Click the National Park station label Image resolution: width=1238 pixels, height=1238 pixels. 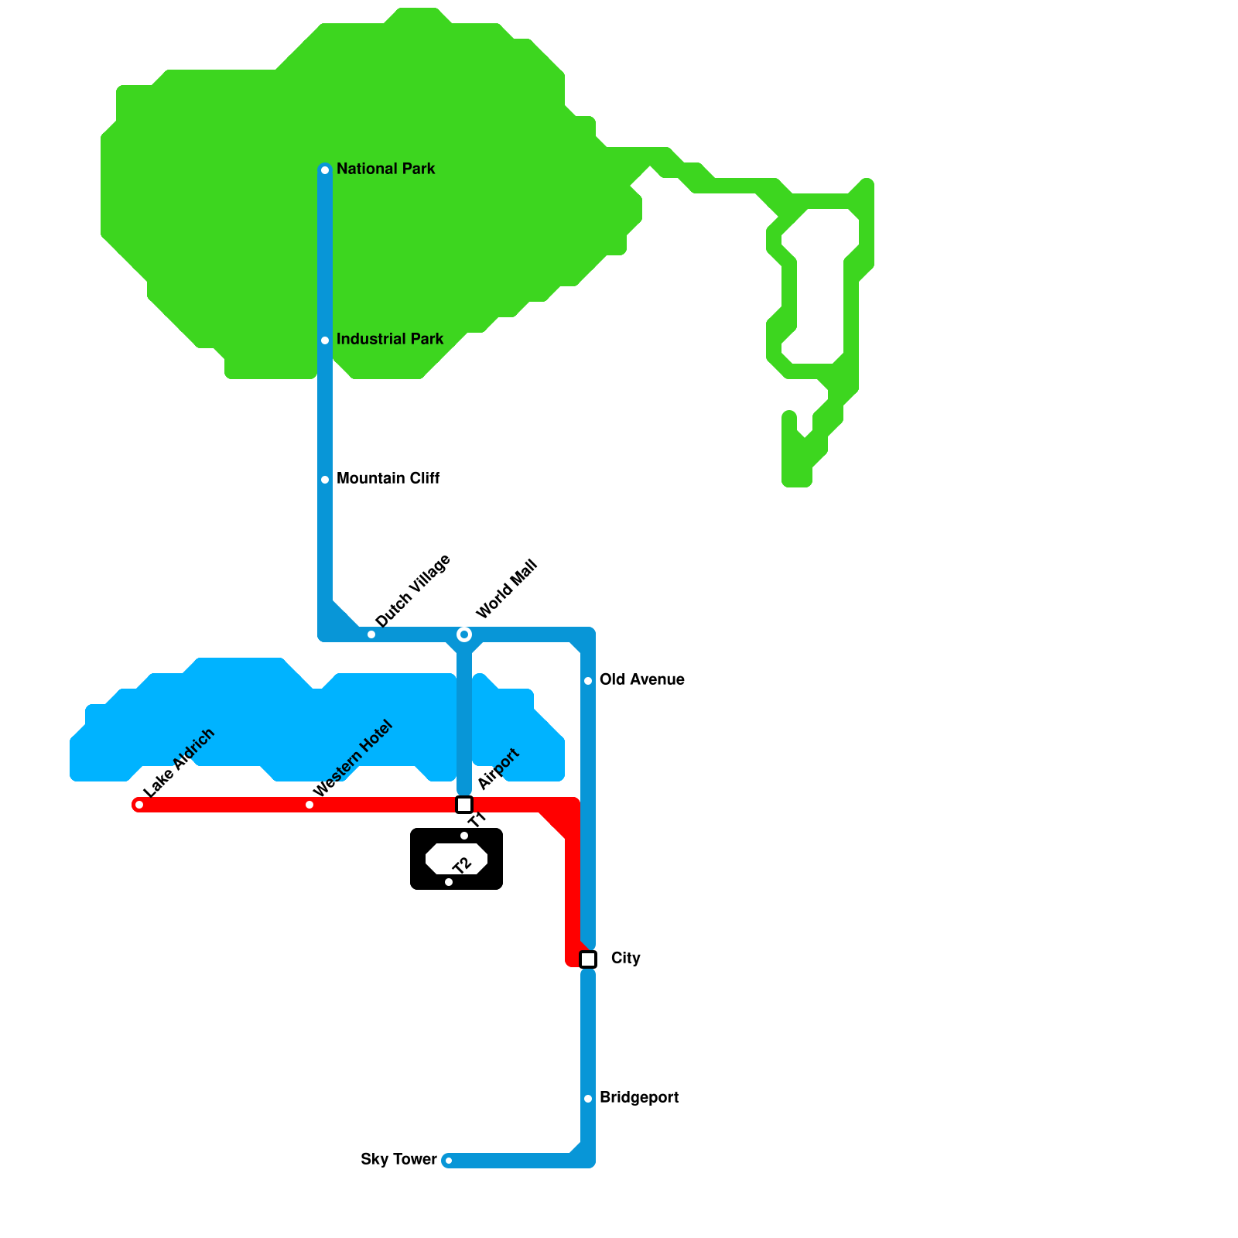click(385, 169)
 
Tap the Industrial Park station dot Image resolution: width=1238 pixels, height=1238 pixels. click(325, 340)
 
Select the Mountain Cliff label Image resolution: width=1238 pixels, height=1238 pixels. click(388, 478)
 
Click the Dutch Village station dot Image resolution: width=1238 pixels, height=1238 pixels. click(371, 634)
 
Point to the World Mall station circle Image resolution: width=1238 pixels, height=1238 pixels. click(464, 634)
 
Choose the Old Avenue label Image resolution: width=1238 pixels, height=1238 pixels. click(641, 679)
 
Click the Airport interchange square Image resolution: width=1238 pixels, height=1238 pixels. click(464, 805)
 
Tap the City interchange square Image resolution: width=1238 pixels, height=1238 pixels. click(588, 959)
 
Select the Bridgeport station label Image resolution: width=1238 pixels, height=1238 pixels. click(638, 1097)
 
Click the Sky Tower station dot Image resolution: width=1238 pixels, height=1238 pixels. click(449, 1161)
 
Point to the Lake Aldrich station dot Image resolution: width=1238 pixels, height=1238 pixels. click(139, 805)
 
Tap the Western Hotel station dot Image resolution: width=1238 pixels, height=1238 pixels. click(309, 805)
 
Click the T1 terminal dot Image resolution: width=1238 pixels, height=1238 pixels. click(464, 836)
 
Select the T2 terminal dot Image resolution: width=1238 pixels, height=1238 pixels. click(449, 882)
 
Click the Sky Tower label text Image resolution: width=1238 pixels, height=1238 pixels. click(398, 1159)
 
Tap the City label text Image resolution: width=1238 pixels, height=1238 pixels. click(625, 958)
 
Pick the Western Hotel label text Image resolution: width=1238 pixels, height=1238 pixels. click(353, 758)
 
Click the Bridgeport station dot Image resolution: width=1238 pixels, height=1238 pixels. click(588, 1099)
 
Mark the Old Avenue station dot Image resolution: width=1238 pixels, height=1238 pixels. click(588, 681)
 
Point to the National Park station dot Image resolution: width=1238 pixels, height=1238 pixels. click(325, 170)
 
